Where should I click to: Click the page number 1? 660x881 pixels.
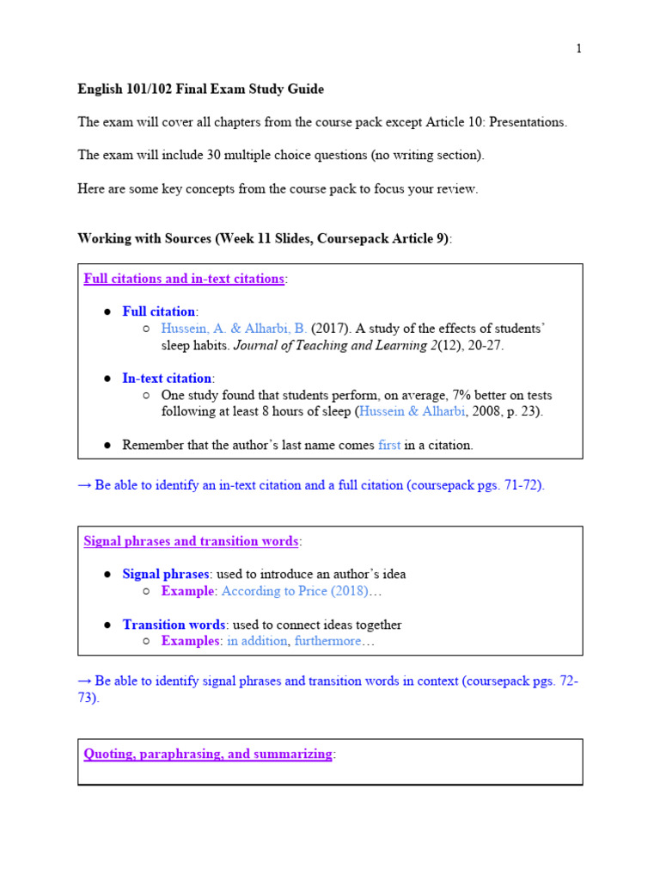point(579,48)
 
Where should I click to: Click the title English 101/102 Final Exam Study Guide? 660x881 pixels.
point(201,89)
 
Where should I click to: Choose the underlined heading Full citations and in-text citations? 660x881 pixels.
point(184,279)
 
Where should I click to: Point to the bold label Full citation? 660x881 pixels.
point(159,311)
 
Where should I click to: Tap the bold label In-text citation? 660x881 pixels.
point(167,379)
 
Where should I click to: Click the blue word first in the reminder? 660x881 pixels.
point(389,446)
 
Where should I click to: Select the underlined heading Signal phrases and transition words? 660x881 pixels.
point(191,541)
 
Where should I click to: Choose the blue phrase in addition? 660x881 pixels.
point(257,642)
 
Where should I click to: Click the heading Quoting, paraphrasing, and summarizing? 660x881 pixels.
point(208,755)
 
